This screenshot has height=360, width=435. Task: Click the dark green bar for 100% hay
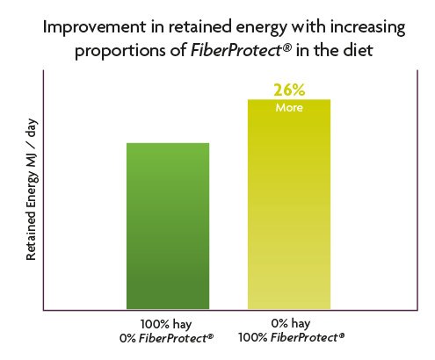[168, 226]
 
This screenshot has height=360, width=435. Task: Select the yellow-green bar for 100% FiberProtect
[289, 205]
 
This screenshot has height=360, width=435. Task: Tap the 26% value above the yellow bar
[289, 90]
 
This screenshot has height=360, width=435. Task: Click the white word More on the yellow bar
[289, 108]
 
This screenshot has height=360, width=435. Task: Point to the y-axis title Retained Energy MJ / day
[31, 190]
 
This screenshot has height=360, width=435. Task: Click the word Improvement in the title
[94, 27]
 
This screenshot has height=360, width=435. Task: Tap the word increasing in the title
[368, 28]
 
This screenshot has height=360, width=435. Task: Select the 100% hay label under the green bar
[166, 325]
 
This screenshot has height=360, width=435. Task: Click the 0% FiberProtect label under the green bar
[166, 338]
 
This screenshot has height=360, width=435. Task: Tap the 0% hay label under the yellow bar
[290, 324]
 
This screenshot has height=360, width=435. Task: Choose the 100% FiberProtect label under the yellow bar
[291, 337]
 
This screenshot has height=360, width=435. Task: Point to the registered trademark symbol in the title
[286, 47]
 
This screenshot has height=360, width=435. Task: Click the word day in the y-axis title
[31, 129]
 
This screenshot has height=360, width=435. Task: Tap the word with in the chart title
[308, 27]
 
